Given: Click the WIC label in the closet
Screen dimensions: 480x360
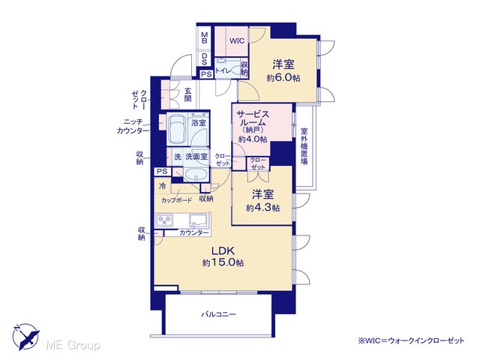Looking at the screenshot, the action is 237,40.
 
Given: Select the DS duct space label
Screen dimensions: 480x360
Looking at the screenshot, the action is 204,59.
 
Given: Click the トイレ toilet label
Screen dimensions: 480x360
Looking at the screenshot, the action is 223,70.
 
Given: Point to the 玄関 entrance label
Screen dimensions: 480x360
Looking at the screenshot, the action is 187,94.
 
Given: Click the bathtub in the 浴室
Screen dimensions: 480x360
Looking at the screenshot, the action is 177,129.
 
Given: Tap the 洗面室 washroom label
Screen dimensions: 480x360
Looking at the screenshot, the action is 196,157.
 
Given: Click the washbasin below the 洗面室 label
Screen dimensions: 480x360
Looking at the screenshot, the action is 196,175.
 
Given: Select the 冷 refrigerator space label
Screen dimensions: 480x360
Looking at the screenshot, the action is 163,185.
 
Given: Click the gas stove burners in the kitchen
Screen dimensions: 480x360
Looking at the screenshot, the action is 164,220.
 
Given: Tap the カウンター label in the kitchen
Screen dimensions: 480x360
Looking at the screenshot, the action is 193,233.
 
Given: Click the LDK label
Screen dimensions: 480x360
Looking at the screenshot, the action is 223,251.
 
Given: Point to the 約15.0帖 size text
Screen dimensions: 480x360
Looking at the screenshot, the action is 223,262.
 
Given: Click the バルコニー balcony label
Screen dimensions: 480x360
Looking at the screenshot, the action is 218,314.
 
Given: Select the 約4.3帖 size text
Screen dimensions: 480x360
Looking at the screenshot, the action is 262,208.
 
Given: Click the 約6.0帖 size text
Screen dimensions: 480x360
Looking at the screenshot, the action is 283,78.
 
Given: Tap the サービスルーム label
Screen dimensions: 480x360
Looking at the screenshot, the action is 253,118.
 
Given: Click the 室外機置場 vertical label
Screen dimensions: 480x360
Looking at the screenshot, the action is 304,146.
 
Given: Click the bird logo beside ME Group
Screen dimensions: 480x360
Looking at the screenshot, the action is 26,337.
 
